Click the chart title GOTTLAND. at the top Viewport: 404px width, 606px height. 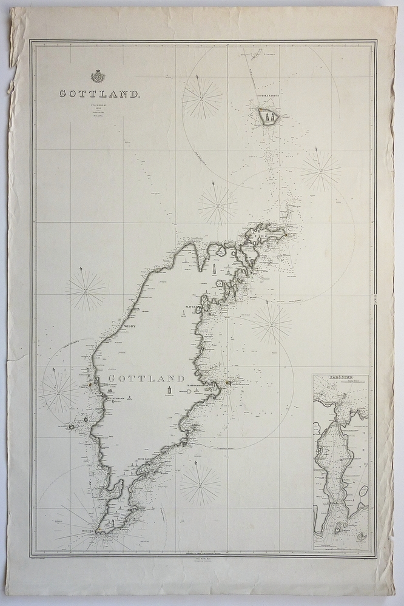(99, 94)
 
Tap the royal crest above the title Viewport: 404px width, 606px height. (97, 76)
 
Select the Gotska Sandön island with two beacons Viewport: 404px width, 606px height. (268, 115)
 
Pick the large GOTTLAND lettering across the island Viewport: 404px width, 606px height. (146, 379)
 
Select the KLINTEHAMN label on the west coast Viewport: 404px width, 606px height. (113, 398)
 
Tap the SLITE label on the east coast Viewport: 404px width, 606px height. (189, 308)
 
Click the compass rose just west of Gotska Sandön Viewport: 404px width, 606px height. (202, 98)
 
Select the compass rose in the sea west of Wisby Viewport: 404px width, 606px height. (86, 291)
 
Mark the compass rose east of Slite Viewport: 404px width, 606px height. (271, 323)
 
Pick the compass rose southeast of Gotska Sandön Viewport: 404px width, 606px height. (320, 172)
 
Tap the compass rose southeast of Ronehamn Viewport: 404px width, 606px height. (200, 483)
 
